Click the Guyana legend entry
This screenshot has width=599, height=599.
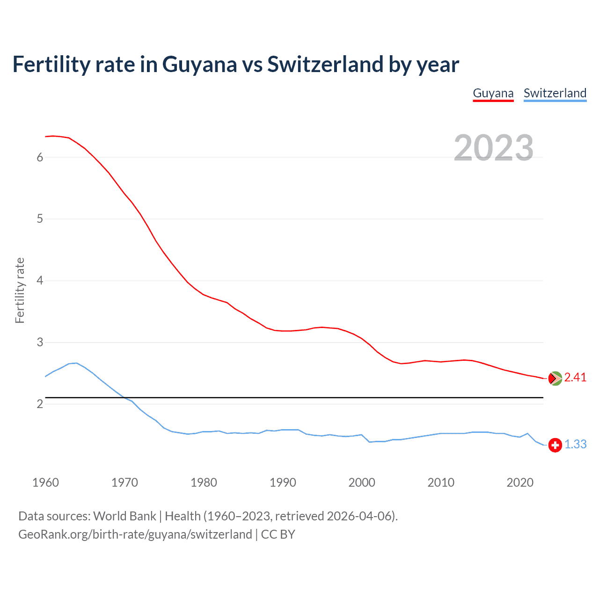pyautogui.click(x=493, y=93)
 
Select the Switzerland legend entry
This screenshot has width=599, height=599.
pyautogui.click(x=555, y=93)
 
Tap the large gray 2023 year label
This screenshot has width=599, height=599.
pyautogui.click(x=494, y=148)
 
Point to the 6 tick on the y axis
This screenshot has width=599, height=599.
pyautogui.click(x=40, y=157)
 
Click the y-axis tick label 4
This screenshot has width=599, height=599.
pyautogui.click(x=40, y=281)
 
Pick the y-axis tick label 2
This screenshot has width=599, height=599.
pyautogui.click(x=40, y=404)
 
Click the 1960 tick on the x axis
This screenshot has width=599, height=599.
pyautogui.click(x=45, y=482)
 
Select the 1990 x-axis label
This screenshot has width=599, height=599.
pyautogui.click(x=283, y=482)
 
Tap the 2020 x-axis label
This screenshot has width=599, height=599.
pyautogui.click(x=520, y=482)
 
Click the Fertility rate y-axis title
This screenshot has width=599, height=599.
pyautogui.click(x=20, y=290)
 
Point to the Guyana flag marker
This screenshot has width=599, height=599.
pyautogui.click(x=555, y=378)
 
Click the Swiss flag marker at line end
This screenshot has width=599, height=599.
pyautogui.click(x=555, y=445)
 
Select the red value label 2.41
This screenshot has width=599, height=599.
pyautogui.click(x=575, y=378)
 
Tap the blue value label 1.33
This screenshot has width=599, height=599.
pyautogui.click(x=575, y=445)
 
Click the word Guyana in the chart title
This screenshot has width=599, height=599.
pyautogui.click(x=199, y=65)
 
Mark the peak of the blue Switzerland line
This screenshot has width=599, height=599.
pyautogui.click(x=76, y=363)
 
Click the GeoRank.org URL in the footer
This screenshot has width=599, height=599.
pyautogui.click(x=135, y=534)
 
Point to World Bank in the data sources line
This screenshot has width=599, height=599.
pyautogui.click(x=124, y=516)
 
